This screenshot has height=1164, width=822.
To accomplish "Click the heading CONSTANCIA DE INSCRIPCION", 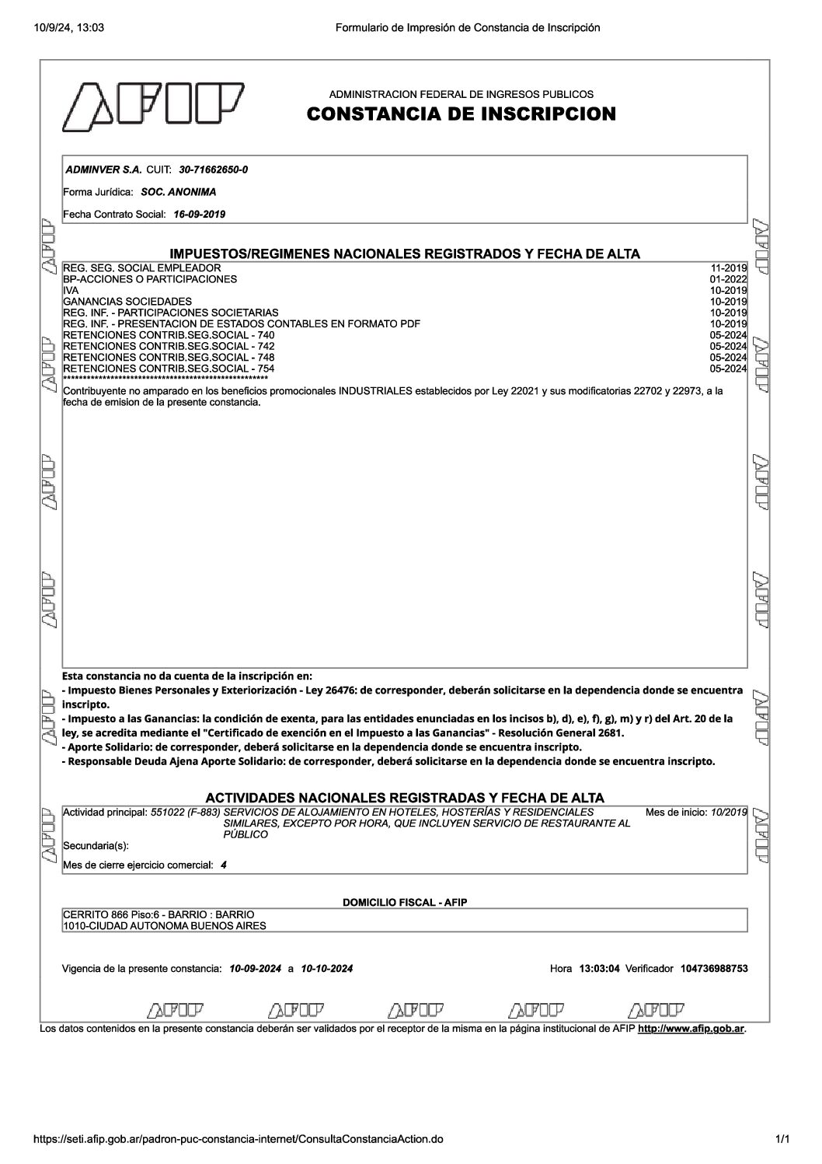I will (x=461, y=114).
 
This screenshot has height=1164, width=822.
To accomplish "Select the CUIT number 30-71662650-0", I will (x=214, y=170).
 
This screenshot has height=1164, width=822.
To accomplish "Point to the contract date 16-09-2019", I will (x=200, y=215).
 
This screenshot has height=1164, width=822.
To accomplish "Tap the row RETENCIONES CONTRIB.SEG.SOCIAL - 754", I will (x=169, y=369).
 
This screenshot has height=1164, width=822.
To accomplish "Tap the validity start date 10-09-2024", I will (x=256, y=969).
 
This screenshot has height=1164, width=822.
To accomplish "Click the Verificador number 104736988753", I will (x=713, y=969).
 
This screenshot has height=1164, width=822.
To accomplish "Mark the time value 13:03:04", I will (x=598, y=969).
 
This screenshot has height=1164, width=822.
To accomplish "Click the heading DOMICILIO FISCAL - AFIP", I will (x=405, y=903).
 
